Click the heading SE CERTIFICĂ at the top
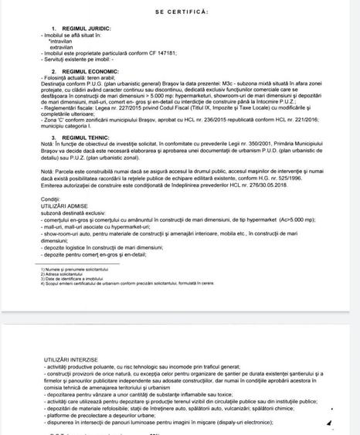pos(180,12)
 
